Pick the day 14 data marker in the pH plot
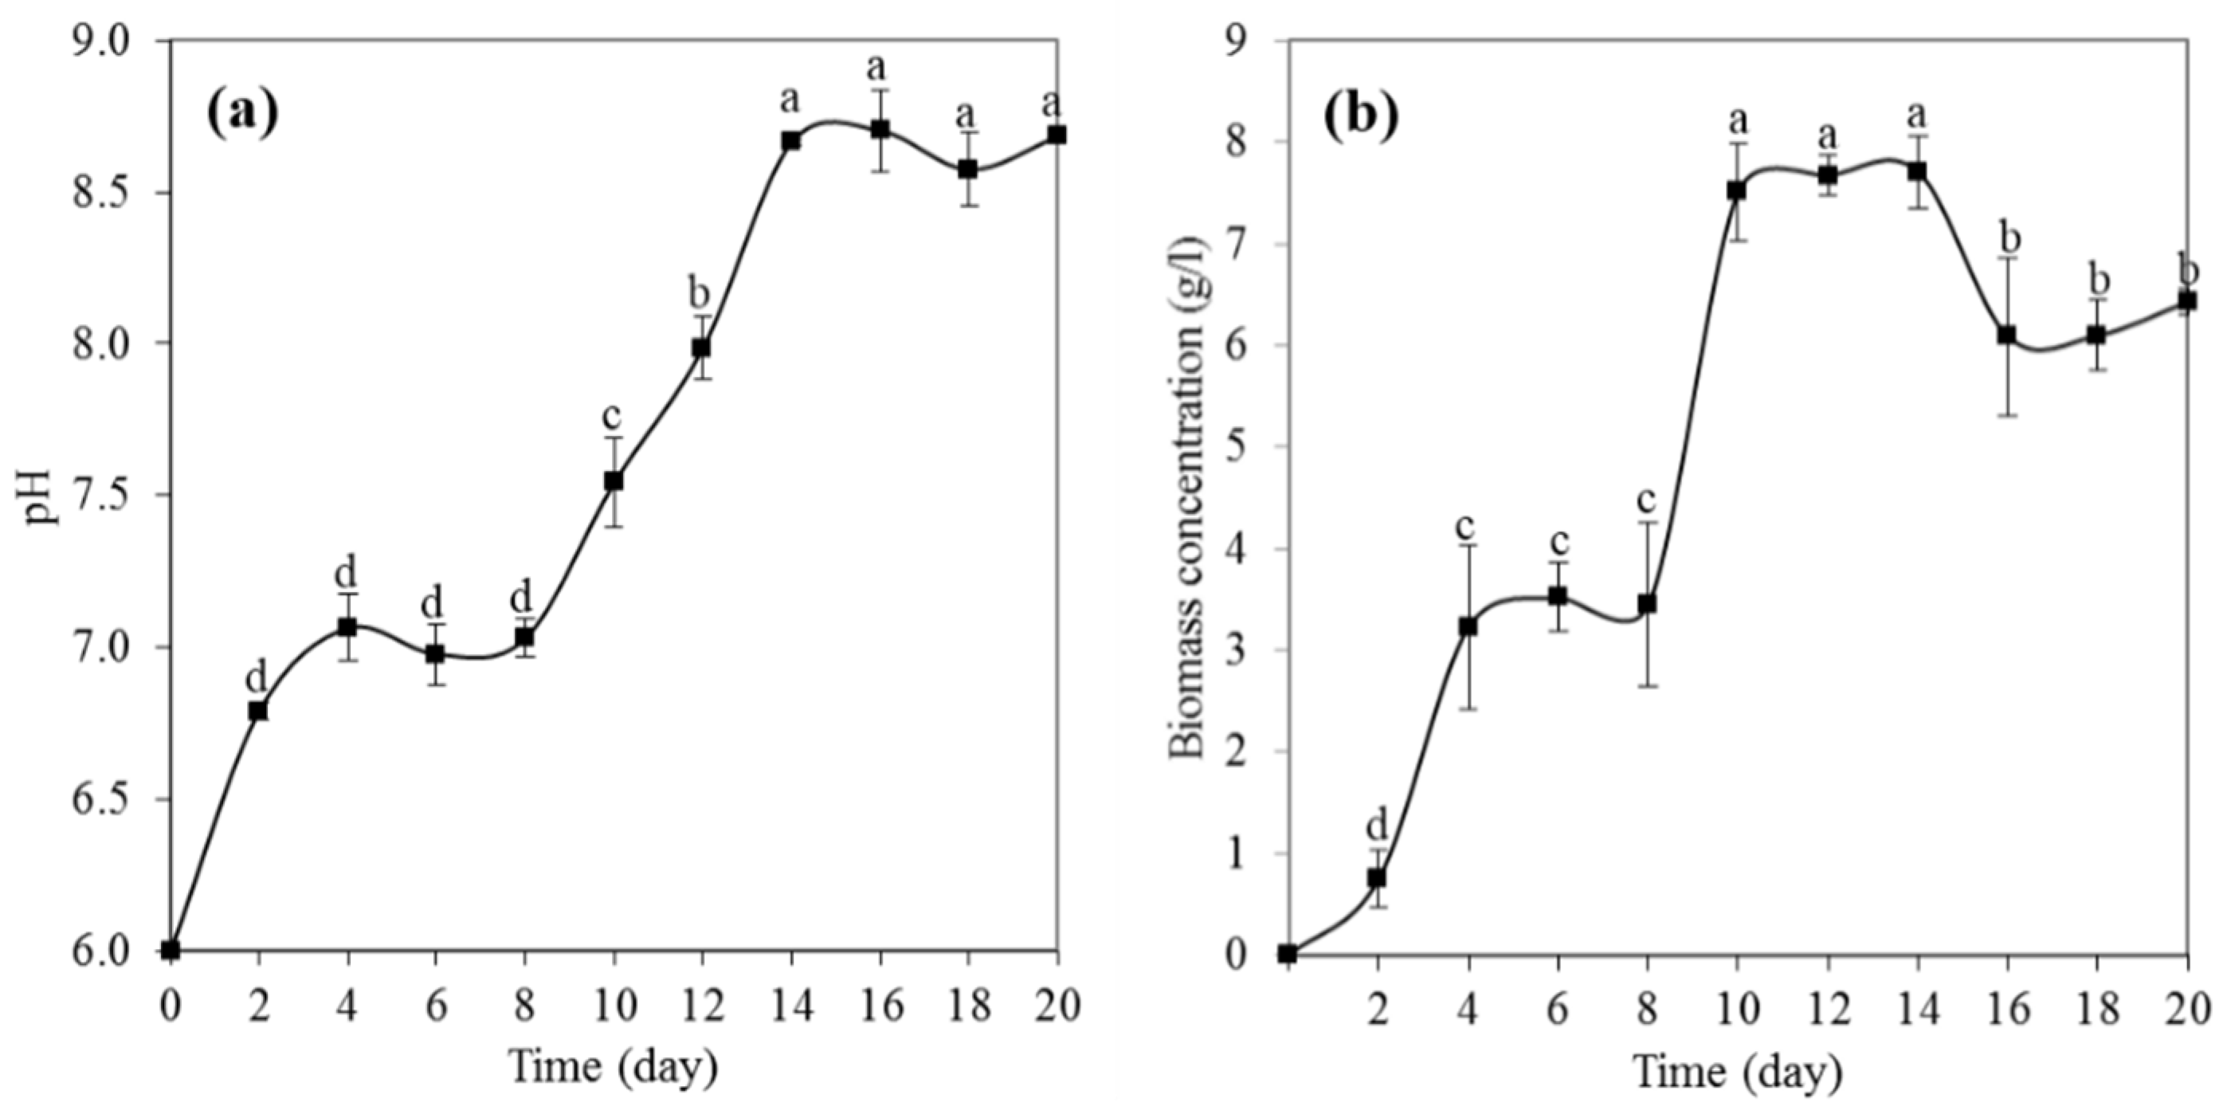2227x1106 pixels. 791,141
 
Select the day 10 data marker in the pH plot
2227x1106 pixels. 614,480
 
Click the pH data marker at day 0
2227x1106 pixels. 171,951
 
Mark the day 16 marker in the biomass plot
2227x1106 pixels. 2006,335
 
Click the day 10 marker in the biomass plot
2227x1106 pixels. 1736,190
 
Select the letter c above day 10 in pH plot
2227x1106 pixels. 612,417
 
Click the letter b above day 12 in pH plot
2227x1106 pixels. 700,294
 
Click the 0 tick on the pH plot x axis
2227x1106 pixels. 171,1007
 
